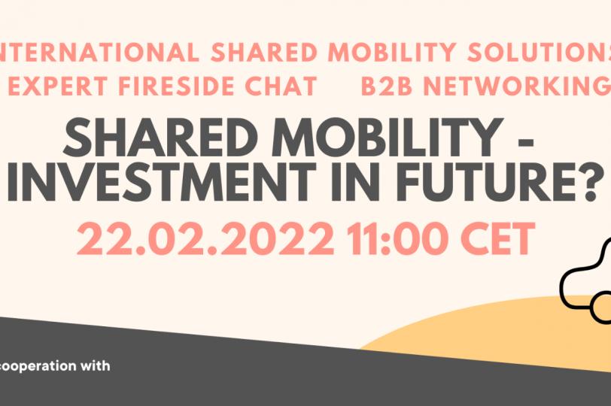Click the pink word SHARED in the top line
pos(264,52)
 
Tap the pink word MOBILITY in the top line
pos(391,52)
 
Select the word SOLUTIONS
pos(539,52)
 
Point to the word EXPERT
pos(57,86)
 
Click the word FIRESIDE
pos(176,86)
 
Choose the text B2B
pos(386,86)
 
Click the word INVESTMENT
pos(162,182)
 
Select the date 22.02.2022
pos(205,238)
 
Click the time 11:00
pos(398,238)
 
